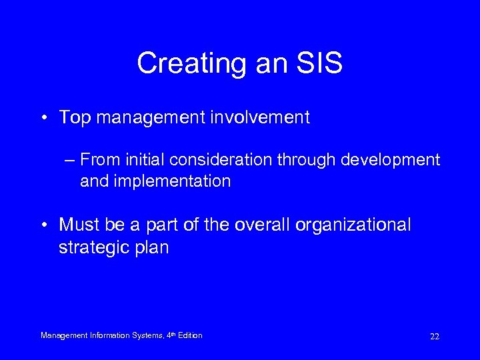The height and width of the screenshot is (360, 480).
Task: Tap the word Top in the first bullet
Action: [73, 118]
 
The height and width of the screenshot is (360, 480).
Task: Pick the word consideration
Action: [221, 160]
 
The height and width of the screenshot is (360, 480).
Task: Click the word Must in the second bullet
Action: [77, 225]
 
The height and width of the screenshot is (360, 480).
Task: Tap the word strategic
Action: [88, 247]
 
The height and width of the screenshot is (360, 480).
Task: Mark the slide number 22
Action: [435, 337]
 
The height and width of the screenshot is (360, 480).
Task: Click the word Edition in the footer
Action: [189, 335]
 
